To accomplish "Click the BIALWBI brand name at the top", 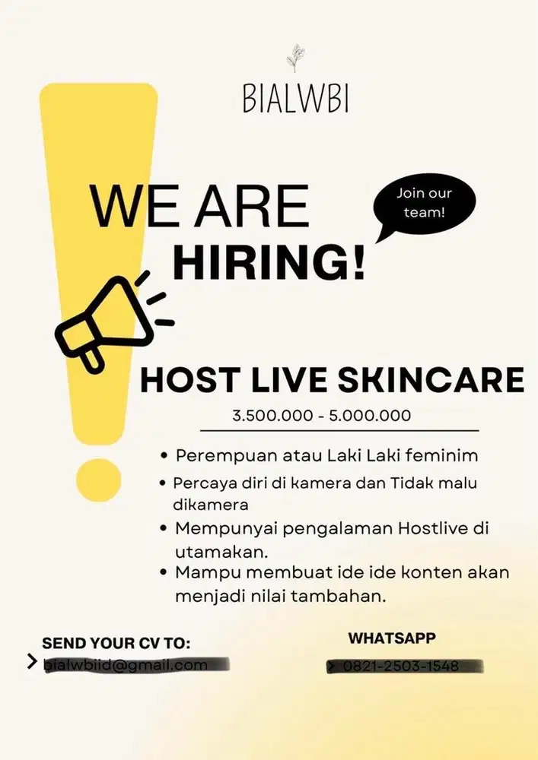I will (x=296, y=99).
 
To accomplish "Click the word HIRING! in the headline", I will (x=269, y=261).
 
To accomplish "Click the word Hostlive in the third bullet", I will (x=434, y=527).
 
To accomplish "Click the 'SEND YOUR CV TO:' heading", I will (x=116, y=644).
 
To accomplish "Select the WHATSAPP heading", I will (x=392, y=638).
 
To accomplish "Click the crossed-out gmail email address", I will (x=126, y=665).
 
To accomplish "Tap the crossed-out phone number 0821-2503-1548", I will (x=401, y=667).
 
